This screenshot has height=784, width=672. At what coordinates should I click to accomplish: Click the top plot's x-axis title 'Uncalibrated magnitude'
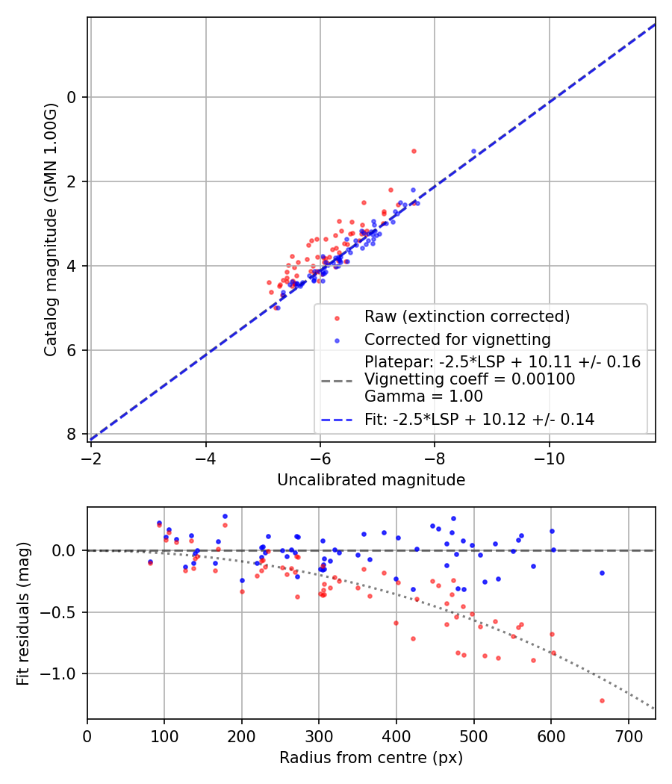[371, 480]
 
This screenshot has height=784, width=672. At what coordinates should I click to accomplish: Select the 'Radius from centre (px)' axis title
[371, 758]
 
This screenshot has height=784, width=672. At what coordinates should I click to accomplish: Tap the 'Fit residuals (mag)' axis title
[24, 612]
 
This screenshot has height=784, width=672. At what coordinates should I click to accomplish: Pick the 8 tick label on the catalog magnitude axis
[72, 435]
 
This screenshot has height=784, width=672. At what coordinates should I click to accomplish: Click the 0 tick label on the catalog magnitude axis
[72, 97]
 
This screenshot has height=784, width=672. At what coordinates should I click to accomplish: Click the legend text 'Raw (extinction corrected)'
[467, 317]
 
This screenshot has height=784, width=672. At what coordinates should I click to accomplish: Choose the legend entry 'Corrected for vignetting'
[457, 340]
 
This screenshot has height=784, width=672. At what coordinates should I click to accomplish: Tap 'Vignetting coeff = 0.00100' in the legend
[470, 379]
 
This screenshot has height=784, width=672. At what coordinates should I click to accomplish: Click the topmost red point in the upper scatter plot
[414, 151]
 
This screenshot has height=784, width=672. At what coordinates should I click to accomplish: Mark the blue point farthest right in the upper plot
[473, 151]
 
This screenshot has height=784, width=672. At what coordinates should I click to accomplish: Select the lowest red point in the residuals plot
[602, 700]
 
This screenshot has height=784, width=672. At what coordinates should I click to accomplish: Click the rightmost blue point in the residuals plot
[602, 573]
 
